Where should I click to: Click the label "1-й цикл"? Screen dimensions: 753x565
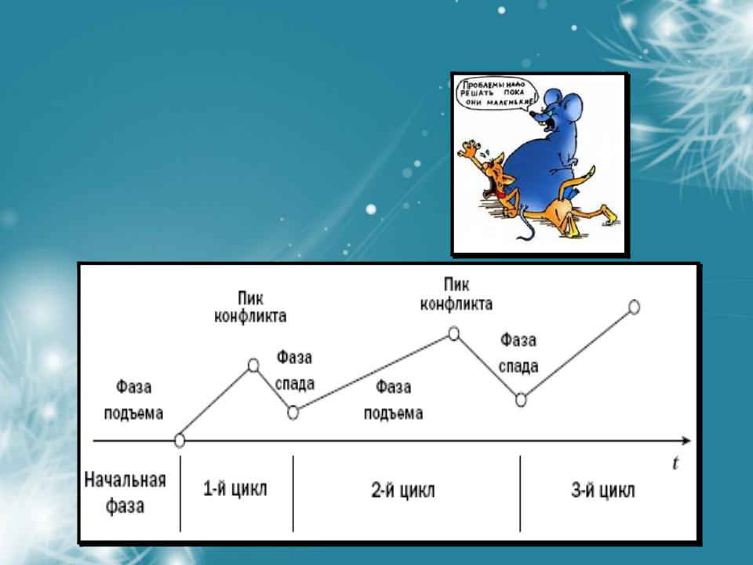235,489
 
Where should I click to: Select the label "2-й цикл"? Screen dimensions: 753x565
403,490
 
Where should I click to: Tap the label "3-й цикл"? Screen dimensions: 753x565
603,490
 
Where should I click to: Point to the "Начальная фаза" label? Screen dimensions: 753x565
125,493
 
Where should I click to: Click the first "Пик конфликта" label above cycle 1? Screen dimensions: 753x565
250,308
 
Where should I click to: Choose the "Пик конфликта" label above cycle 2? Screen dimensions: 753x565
457,294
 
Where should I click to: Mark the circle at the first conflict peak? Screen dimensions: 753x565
253,366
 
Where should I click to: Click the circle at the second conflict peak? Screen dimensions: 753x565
454,333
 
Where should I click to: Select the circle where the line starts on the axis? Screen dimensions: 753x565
180,440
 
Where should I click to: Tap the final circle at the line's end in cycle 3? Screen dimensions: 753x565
635,307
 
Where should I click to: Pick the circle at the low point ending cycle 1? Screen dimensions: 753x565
293,413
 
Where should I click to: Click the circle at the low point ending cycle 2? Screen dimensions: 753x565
521,399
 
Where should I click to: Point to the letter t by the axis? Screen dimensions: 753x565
675,463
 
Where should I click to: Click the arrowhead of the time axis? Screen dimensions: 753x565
687,440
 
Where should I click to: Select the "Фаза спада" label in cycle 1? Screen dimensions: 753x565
294,370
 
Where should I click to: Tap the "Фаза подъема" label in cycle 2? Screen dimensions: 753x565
393,399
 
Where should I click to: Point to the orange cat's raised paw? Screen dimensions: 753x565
470,149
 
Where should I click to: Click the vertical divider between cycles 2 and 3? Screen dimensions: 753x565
520,494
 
